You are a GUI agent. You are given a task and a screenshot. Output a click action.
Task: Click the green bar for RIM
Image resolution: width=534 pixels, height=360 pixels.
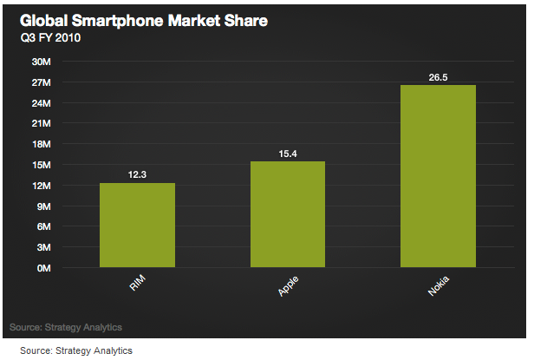tap(137, 225)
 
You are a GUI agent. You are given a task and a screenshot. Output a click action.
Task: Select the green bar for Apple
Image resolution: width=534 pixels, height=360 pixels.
tap(288, 214)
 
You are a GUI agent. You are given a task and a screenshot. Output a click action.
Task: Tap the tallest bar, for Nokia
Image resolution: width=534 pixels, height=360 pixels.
tap(438, 176)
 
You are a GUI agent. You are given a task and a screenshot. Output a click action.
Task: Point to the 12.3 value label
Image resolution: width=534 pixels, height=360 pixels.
tap(137, 174)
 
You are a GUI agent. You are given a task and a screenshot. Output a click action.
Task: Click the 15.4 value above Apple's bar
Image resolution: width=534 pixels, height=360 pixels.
tap(288, 154)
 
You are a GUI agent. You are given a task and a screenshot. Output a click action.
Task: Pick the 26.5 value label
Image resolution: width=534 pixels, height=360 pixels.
tap(438, 77)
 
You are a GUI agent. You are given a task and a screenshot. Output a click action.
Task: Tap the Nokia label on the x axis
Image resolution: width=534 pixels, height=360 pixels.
tap(439, 286)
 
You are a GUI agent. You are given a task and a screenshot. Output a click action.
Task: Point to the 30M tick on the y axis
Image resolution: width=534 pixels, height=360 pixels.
tap(42, 62)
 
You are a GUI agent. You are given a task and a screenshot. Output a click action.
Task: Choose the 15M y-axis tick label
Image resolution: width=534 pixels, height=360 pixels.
tap(42, 165)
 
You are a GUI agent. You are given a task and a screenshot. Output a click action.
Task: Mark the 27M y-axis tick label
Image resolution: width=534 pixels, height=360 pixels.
tap(42, 82)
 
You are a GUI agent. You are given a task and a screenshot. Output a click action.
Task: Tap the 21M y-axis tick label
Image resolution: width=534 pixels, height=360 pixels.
tap(42, 124)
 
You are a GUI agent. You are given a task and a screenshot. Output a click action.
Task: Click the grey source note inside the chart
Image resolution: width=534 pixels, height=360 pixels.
tap(66, 327)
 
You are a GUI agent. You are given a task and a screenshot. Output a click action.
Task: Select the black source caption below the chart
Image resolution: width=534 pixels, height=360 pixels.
tap(76, 350)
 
